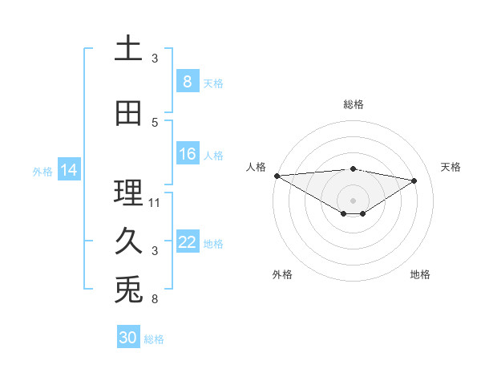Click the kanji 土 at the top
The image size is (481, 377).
point(129,50)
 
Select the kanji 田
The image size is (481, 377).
point(129,114)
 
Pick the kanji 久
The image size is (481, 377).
point(129,241)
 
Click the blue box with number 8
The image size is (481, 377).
point(187,82)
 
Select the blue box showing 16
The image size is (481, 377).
point(187,155)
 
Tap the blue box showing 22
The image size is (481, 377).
point(187,243)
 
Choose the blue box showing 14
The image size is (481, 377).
point(69,170)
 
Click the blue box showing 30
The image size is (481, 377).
point(128,338)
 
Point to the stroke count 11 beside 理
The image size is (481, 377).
point(155,202)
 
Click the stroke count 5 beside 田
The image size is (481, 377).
point(155,123)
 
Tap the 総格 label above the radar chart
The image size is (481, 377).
point(353,104)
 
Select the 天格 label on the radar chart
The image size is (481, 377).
point(451,167)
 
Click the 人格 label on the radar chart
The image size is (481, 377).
point(256,167)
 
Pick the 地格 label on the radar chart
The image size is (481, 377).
point(420,274)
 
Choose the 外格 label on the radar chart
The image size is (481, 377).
point(282,274)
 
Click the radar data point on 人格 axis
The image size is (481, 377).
point(277,176)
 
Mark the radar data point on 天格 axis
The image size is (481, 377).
point(414,180)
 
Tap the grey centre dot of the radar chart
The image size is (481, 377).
point(353,199)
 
